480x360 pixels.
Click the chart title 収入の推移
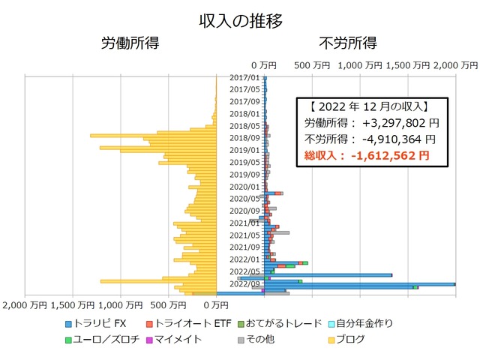coord(240,20)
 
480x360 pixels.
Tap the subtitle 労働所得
coord(130,43)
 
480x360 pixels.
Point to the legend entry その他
coord(260,340)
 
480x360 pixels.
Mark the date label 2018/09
coord(244,138)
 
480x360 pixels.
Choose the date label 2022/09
coord(244,283)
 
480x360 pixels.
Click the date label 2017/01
coord(244,77)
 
